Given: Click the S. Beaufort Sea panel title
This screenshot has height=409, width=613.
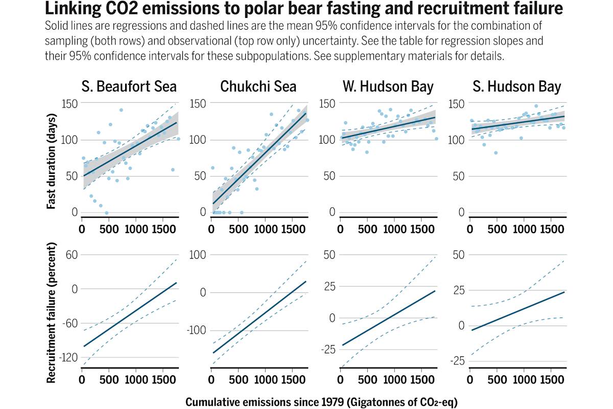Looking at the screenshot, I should click(x=129, y=86).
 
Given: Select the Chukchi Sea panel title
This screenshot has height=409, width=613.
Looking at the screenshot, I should click(x=258, y=86).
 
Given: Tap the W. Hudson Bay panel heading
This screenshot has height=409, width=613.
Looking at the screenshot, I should click(x=387, y=86).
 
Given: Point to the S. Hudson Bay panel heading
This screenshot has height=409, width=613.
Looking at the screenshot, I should click(x=516, y=86).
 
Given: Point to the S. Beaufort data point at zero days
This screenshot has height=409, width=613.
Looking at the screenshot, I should click(x=106, y=213).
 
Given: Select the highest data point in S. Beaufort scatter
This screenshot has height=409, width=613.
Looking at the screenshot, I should click(x=121, y=110).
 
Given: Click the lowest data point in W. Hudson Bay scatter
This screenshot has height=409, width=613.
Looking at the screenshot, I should click(x=367, y=152).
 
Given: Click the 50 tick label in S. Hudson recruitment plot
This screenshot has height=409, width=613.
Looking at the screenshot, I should click(x=458, y=254).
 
